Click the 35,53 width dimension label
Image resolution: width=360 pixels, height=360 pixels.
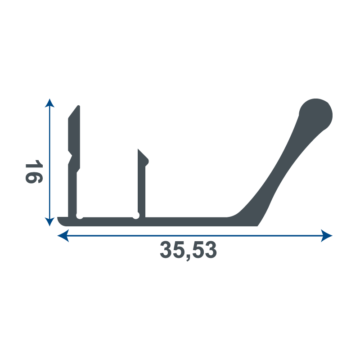[x=188, y=251]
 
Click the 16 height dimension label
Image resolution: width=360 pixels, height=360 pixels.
[x=34, y=172]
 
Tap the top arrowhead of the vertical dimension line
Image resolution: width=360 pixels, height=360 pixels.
[x=49, y=103]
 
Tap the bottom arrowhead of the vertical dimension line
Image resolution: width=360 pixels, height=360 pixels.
[x=49, y=222]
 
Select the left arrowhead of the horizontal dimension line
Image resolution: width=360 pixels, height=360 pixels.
[x=63, y=235]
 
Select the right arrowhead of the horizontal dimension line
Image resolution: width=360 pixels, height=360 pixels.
[x=327, y=235]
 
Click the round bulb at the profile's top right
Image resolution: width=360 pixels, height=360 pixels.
[x=316, y=115]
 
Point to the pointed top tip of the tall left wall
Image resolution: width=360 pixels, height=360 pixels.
[x=78, y=106]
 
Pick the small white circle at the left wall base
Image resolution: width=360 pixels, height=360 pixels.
[x=80, y=216]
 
